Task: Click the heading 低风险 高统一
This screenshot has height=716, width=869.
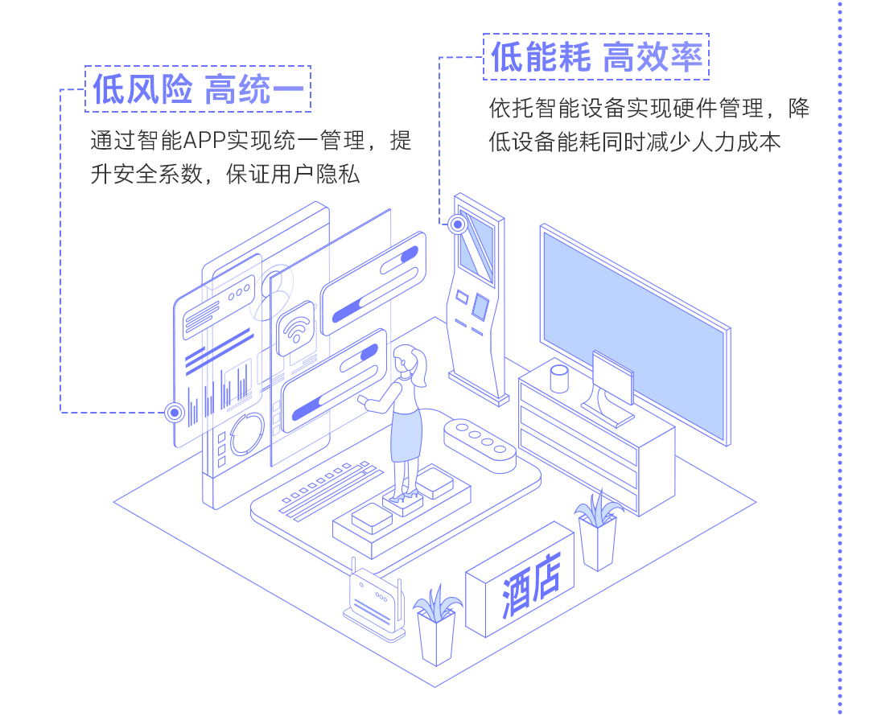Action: (x=198, y=89)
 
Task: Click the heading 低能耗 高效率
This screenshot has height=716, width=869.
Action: (x=596, y=57)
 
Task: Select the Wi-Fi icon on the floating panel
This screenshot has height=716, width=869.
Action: (x=296, y=327)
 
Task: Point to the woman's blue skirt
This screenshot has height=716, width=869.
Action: (x=406, y=435)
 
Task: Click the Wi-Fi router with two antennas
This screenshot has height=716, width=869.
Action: (x=375, y=600)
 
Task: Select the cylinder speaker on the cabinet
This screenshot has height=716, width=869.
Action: (x=558, y=378)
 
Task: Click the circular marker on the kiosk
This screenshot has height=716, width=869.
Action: (x=458, y=224)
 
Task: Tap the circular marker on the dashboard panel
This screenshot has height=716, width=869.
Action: (x=175, y=413)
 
